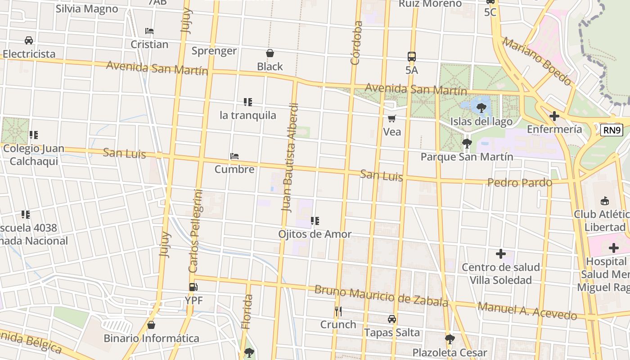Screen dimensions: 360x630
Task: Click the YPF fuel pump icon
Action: tap(193, 287)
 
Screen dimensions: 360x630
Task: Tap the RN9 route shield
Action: tap(612, 130)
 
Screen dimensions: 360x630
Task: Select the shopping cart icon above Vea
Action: tap(392, 119)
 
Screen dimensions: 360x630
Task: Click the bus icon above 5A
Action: tap(412, 57)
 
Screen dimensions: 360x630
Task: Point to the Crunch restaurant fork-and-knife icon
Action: tap(338, 311)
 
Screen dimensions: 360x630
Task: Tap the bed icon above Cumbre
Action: tap(234, 157)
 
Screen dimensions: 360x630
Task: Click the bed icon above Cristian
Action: tap(149, 31)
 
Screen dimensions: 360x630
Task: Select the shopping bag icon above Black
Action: tap(270, 54)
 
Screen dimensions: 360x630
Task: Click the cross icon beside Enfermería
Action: tap(554, 116)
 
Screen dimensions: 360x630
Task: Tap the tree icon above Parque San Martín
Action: tap(467, 144)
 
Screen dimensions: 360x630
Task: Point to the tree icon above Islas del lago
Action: tap(481, 108)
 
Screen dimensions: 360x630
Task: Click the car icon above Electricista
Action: tap(29, 40)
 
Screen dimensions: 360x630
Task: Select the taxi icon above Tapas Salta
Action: tap(392, 319)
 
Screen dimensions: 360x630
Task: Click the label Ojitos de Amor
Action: tap(315, 234)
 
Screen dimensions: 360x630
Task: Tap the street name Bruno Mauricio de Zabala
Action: tap(381, 296)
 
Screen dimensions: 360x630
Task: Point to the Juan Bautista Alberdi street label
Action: tap(290, 157)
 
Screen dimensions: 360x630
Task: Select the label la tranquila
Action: tap(248, 115)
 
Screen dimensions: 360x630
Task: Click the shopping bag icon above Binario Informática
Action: tap(151, 325)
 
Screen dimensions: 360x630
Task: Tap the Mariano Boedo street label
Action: tap(537, 62)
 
